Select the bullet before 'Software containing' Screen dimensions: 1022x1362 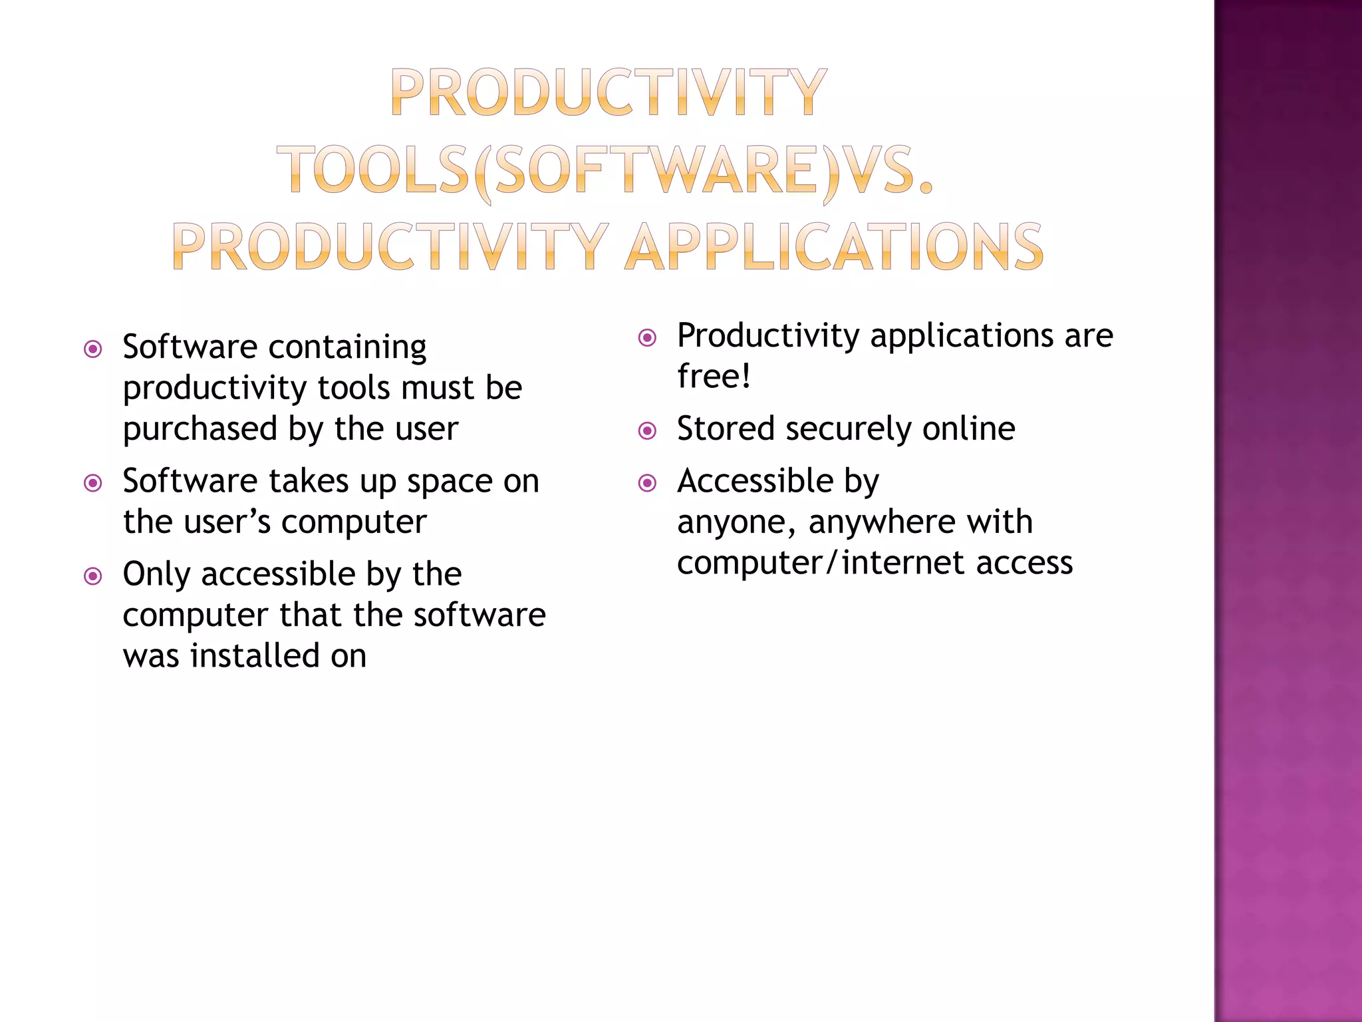[93, 349]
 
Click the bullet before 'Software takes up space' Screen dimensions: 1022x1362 [93, 482]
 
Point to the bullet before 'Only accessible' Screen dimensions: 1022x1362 [93, 576]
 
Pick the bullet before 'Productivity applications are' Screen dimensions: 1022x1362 [647, 337]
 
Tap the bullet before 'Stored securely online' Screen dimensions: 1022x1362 [647, 430]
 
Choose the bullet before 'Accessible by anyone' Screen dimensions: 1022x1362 [647, 482]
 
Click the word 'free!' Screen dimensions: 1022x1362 [714, 376]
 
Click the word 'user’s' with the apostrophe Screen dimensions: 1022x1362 [226, 522]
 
